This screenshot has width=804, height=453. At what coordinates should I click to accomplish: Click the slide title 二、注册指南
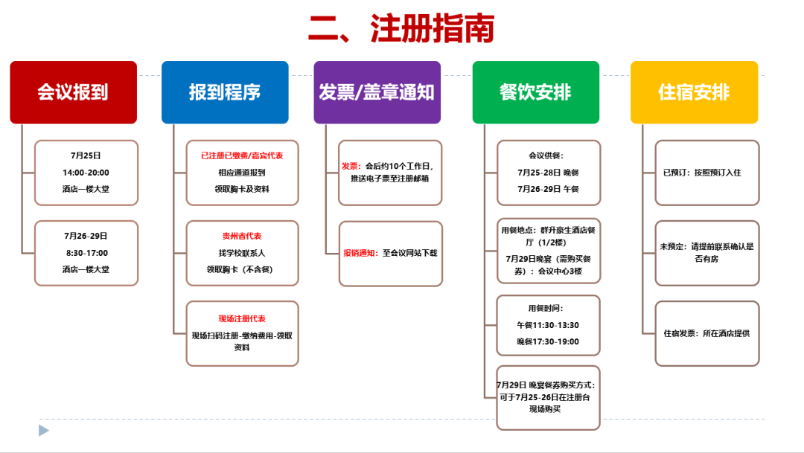click(401, 30)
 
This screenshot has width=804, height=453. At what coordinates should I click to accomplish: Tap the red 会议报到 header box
click(73, 92)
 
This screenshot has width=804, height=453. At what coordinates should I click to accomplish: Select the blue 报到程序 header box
click(225, 92)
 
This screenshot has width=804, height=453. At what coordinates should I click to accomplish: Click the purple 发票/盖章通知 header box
click(377, 92)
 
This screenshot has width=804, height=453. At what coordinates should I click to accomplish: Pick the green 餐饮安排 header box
click(535, 92)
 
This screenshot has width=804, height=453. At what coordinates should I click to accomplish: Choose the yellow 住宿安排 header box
click(694, 92)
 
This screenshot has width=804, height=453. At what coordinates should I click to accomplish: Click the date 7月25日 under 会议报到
click(86, 155)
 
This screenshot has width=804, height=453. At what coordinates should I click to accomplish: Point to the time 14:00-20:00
click(86, 173)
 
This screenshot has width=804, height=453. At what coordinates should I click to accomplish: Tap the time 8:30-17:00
click(86, 253)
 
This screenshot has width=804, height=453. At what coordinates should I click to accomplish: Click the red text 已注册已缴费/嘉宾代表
click(242, 155)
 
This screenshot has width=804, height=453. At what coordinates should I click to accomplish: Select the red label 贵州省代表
click(242, 236)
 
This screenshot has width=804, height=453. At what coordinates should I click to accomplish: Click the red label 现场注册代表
click(242, 318)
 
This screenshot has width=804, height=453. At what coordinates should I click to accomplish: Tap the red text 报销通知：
click(362, 253)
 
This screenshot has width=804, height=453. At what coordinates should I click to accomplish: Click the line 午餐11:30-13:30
click(548, 325)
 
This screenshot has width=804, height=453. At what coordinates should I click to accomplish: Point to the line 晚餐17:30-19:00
click(548, 342)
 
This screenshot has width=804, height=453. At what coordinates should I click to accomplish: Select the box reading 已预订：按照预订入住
click(706, 173)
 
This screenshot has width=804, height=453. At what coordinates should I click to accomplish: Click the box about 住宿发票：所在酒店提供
click(706, 333)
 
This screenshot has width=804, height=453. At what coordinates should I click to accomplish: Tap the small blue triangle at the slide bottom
click(44, 430)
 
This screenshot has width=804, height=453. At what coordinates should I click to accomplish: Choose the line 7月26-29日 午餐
click(548, 189)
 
